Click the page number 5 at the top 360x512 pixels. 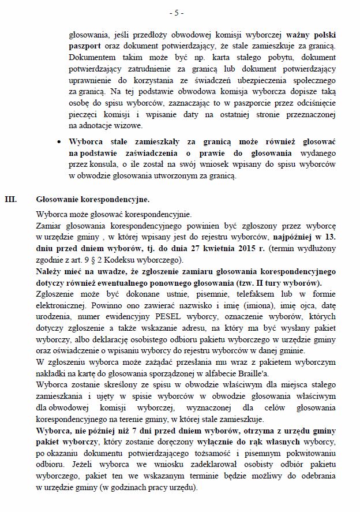180,12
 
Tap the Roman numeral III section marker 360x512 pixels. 10,200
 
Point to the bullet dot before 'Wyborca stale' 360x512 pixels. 61,141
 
